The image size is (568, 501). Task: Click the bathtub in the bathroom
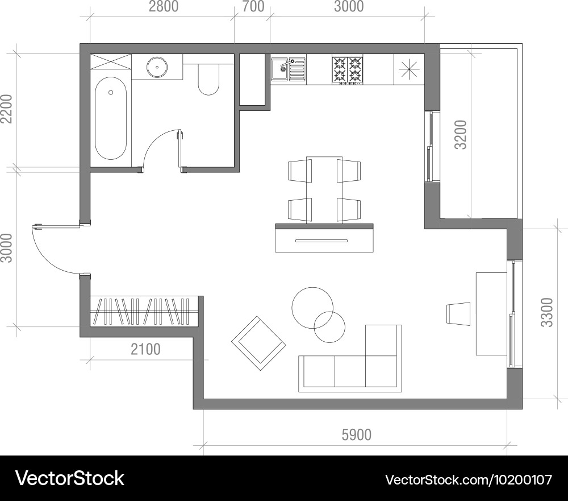point(111,118)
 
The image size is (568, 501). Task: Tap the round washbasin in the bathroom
point(157,67)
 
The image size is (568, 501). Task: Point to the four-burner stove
point(347,70)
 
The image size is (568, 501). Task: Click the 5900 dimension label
point(356,435)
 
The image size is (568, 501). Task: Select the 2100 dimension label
point(145,349)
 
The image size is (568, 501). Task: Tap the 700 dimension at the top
point(253,7)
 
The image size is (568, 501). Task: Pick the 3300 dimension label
point(547,312)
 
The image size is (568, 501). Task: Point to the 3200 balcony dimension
point(461,134)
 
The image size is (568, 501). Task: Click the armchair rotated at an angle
point(258,343)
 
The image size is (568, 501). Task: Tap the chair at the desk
point(459,314)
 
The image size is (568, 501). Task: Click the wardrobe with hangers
point(143,311)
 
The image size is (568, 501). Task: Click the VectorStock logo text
point(69,478)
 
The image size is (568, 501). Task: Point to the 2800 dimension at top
point(163,7)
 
